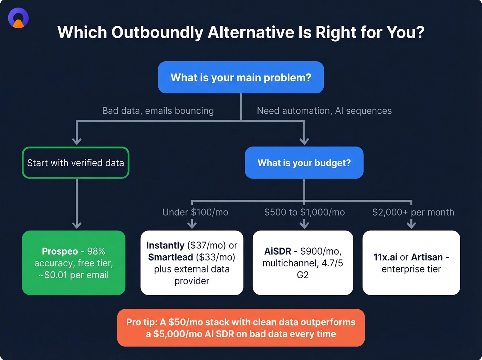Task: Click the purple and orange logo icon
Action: click(18, 18)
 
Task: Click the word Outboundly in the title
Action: click(157, 32)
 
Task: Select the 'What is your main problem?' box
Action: click(241, 78)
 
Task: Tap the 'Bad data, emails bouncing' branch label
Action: click(158, 111)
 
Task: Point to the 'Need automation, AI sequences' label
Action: click(324, 111)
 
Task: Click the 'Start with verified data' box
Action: click(75, 163)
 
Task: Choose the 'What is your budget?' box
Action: click(304, 163)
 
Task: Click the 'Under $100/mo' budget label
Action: click(195, 212)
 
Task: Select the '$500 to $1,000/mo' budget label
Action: click(304, 212)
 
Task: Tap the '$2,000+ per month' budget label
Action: click(413, 212)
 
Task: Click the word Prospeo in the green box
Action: click(60, 251)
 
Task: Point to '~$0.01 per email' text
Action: click(73, 275)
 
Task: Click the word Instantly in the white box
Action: click(165, 245)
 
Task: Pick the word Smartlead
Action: click(170, 257)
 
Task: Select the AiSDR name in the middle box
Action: click(277, 251)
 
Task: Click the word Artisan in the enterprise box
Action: click(427, 257)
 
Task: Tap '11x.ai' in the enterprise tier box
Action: click(385, 257)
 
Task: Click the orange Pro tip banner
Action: click(241, 328)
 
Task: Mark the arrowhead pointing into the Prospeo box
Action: click(77, 225)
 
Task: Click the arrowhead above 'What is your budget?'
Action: click(304, 141)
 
